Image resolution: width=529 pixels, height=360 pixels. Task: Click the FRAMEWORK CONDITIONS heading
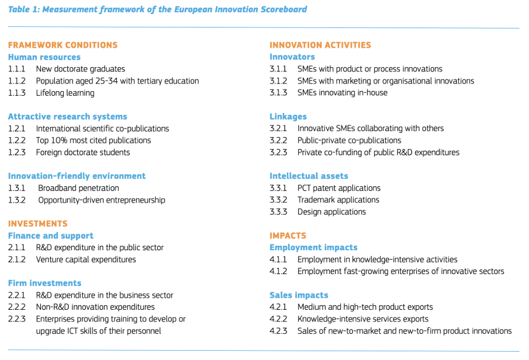(x=62, y=45)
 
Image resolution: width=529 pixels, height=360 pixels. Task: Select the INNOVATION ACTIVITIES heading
(x=320, y=45)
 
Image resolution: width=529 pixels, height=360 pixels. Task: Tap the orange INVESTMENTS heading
(x=38, y=224)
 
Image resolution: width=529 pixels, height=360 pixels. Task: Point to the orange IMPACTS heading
(x=288, y=236)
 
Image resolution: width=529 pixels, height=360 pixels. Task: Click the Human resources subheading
(x=44, y=57)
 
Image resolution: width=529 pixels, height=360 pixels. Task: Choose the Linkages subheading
(x=288, y=116)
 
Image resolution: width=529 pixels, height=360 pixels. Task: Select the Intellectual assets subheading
(x=309, y=176)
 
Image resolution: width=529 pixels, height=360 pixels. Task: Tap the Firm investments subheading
(x=44, y=283)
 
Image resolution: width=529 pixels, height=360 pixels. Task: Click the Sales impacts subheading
(x=298, y=295)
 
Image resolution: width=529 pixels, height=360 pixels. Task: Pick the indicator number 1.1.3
(x=17, y=93)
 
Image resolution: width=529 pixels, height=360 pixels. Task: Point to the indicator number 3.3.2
(x=279, y=200)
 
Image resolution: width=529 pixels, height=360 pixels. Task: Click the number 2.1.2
(x=17, y=259)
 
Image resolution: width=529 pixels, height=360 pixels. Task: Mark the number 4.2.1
(x=279, y=307)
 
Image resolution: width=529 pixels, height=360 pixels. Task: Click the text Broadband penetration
(x=79, y=188)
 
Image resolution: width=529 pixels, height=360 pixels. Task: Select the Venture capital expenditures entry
(x=86, y=259)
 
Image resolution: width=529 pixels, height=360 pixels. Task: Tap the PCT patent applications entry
(x=339, y=188)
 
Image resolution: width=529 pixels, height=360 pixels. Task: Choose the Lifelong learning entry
(x=65, y=93)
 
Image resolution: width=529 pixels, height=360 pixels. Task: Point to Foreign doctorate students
(x=83, y=153)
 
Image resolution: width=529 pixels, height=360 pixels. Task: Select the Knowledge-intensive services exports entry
(x=363, y=319)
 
